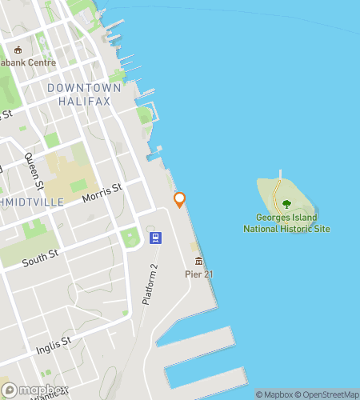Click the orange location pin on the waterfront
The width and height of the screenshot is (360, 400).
tap(179, 199)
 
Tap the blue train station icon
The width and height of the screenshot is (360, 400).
tap(156, 238)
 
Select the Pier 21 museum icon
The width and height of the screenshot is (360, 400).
tap(198, 261)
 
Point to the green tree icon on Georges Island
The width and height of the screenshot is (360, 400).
tap(287, 204)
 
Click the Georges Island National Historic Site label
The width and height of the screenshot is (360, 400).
tap(286, 223)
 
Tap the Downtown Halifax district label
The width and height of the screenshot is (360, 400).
tap(84, 94)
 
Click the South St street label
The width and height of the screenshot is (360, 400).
tap(40, 260)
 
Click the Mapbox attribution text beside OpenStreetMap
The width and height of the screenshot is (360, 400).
tap(274, 394)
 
